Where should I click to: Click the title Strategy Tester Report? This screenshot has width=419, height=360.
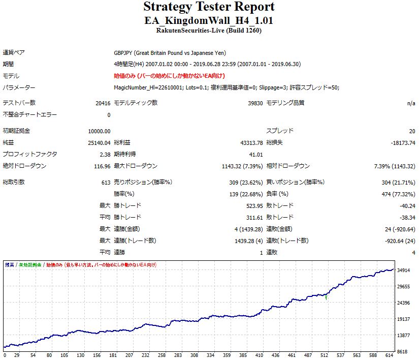point(209,7)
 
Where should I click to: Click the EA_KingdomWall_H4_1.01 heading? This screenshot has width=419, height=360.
point(209,21)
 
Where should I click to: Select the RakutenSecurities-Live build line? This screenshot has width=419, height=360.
point(209,31)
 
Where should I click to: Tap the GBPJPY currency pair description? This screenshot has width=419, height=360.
point(170,53)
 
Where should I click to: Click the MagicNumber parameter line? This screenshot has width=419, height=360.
point(227,87)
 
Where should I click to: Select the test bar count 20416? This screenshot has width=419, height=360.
point(103,103)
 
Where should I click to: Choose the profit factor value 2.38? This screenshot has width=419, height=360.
point(105,155)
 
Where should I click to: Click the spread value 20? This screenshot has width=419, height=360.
point(411,131)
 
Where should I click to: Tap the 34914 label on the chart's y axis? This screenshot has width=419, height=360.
point(404,270)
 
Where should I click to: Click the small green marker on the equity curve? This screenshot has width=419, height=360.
point(326,298)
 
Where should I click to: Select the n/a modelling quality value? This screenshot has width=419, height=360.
point(411,103)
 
